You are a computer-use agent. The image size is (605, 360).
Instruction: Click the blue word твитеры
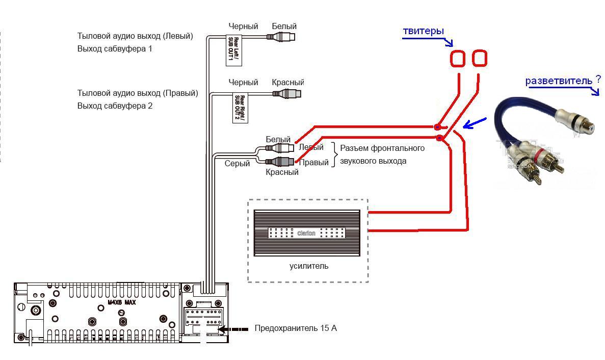coord(423,31)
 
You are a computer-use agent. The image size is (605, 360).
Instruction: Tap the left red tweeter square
coord(458,59)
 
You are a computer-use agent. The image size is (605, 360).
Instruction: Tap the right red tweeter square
coord(480,58)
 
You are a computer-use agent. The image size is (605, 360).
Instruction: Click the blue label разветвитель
coord(559,81)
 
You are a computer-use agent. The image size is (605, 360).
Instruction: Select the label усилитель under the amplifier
coord(309,266)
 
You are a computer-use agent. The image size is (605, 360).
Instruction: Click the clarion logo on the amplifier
coord(306,234)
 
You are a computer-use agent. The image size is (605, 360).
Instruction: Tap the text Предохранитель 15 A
coord(296,328)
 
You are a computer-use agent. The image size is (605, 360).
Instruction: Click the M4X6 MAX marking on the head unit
coord(121,302)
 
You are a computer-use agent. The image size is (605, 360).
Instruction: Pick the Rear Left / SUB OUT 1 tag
coord(233,49)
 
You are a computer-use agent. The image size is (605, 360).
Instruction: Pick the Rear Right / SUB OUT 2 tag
coord(240,107)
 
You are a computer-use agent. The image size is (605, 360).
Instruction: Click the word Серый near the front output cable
coord(238,164)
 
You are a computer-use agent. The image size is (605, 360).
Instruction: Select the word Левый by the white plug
coord(311,147)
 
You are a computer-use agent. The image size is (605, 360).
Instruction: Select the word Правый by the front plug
coord(313,163)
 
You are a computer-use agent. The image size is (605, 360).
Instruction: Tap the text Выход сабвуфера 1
coord(115,49)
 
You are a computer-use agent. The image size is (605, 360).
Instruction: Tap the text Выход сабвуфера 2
coord(115,106)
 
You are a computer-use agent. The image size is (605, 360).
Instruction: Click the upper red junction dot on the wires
coord(437,126)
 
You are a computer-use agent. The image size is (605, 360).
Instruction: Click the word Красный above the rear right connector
coord(288,83)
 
